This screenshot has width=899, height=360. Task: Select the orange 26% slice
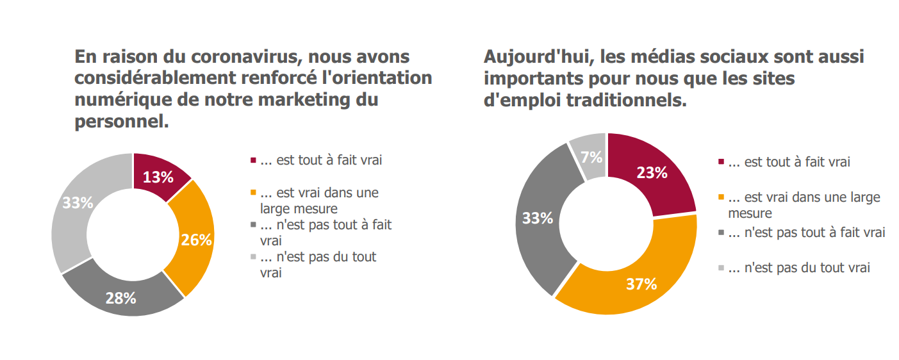pos(195,239)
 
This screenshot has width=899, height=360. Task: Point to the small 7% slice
pos(591,156)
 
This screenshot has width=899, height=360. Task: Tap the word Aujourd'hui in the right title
pos(531,56)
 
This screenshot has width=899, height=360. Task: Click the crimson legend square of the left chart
pos(253,160)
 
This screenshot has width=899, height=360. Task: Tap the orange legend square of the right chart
pos(722,197)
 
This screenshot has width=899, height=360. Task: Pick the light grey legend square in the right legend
pos(722,268)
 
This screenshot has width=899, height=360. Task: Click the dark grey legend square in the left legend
pos(253,225)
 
